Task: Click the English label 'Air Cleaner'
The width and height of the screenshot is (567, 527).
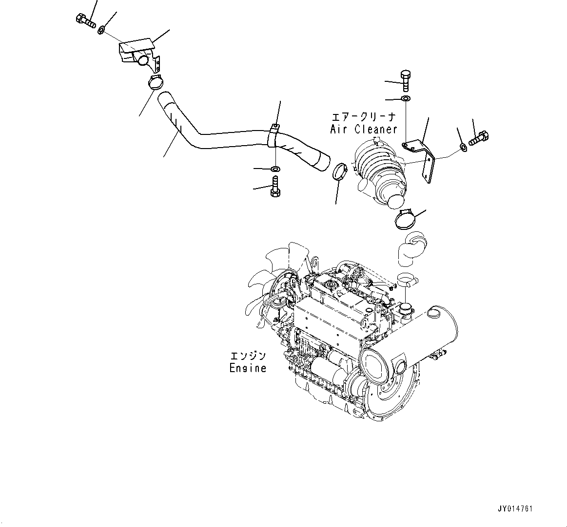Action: coord(364,129)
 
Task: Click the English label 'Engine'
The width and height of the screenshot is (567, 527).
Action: coord(248,368)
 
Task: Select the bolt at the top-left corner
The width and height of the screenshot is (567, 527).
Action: coord(86,20)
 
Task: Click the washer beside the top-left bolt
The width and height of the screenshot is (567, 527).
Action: coord(101,31)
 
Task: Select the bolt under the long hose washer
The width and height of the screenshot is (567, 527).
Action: coord(274,187)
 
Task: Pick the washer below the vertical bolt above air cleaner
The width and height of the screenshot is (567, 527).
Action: coord(406,99)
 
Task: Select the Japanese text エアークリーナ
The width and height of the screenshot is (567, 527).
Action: coord(364,117)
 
